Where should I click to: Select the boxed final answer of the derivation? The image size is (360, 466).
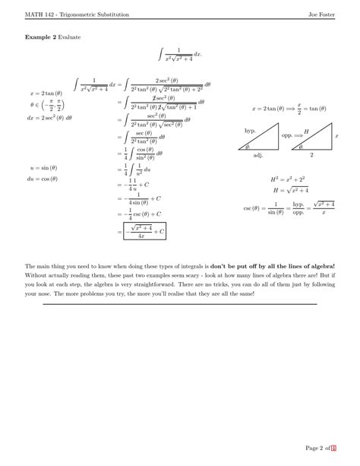click(146, 230)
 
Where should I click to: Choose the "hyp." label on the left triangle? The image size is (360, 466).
click(249, 131)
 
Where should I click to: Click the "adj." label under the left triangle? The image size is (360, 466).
click(257, 154)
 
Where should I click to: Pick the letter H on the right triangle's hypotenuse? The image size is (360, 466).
click(306, 132)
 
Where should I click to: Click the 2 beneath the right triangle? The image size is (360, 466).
click(311, 154)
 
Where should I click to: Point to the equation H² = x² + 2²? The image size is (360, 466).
click(286, 179)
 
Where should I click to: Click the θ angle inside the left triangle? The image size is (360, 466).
click(247, 147)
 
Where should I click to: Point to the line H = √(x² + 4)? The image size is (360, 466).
click(287, 190)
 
